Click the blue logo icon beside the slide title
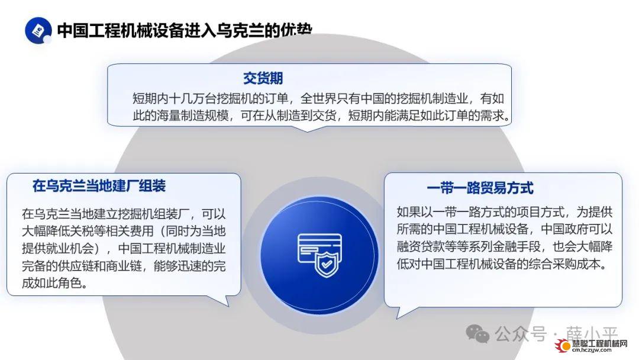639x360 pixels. click(x=38, y=30)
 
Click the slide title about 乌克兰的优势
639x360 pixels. click(x=185, y=31)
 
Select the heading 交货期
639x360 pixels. click(x=263, y=78)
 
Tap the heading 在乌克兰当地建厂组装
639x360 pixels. click(x=99, y=186)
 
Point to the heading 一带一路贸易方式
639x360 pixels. click(x=480, y=188)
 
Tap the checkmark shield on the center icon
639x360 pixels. click(x=327, y=264)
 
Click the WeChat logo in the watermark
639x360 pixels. click(x=477, y=334)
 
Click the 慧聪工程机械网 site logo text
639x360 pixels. click(x=599, y=343)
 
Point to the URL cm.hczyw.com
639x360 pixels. click(x=592, y=350)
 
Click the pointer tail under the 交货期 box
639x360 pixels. click(x=307, y=128)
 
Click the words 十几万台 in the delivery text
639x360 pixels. click(x=192, y=99)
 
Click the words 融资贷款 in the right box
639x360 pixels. click(x=421, y=246)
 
